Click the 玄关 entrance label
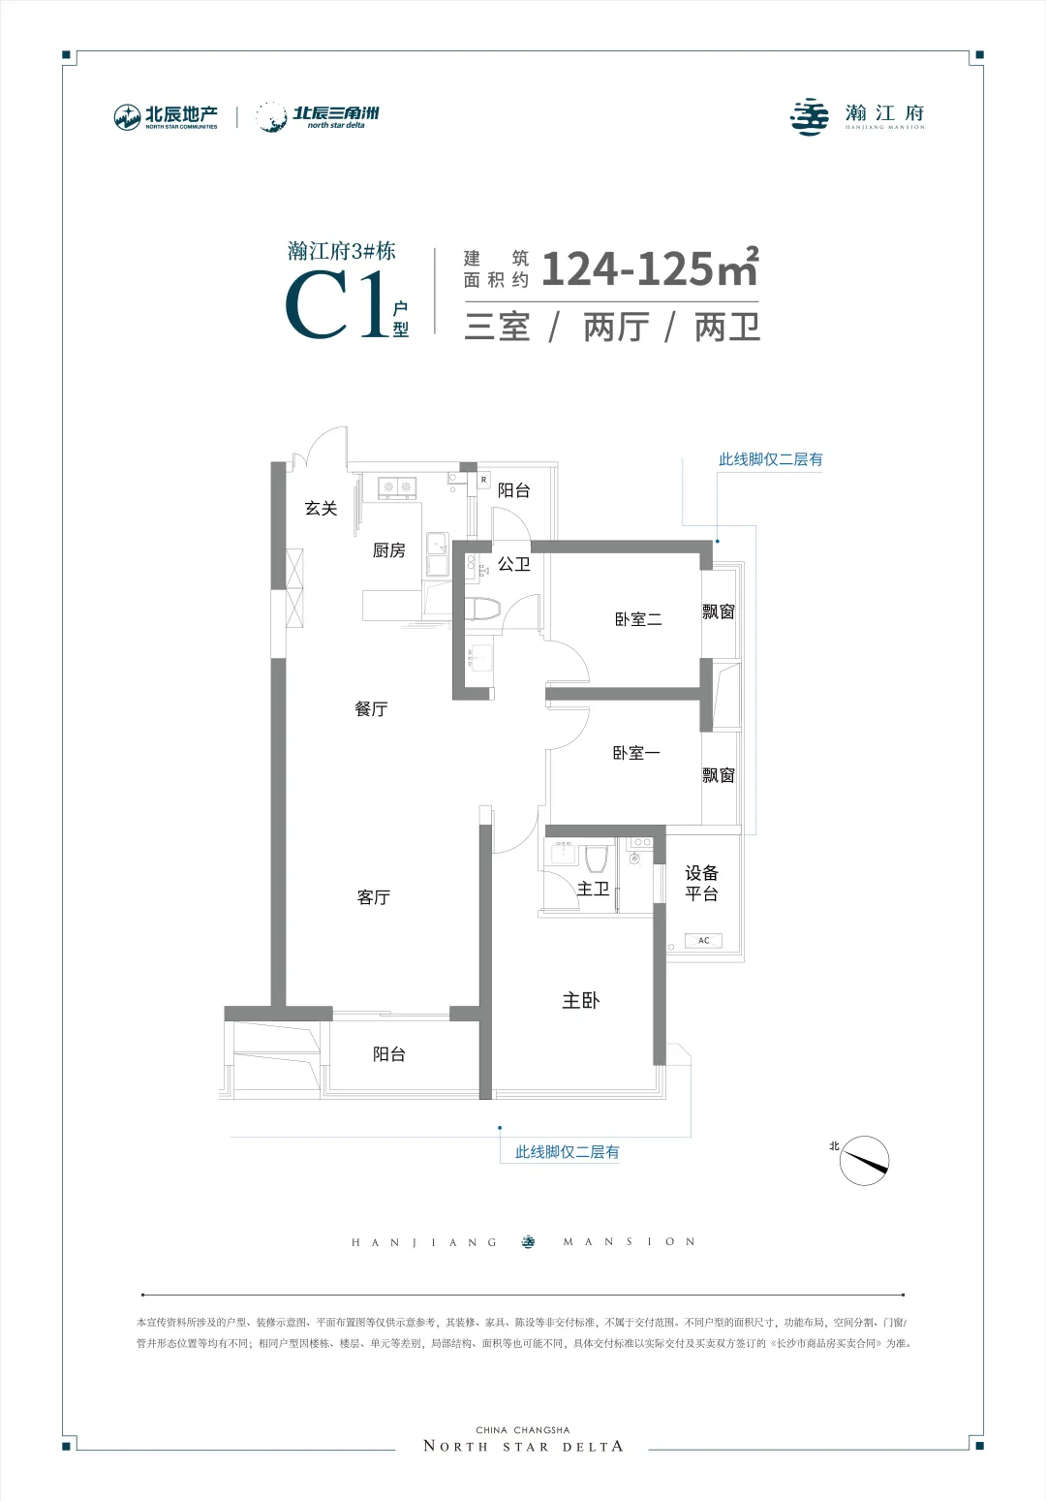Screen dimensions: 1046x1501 [x=321, y=509]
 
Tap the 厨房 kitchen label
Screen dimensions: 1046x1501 [x=389, y=550]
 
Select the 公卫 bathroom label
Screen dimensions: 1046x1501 [x=514, y=564]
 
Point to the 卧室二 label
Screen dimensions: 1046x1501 [x=638, y=619]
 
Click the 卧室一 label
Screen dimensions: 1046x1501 [x=636, y=753]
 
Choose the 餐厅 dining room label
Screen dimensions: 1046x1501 [x=372, y=709]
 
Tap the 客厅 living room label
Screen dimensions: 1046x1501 [x=374, y=897]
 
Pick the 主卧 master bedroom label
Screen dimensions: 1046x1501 [x=580, y=1000]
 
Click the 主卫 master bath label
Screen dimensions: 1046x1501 [x=594, y=889]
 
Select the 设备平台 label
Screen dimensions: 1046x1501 [x=702, y=883]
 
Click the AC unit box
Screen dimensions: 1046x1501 [x=703, y=940]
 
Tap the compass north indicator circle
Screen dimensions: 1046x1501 [x=865, y=1161]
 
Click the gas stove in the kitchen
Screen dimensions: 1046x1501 [x=397, y=487]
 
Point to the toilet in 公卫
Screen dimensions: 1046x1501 [x=483, y=610]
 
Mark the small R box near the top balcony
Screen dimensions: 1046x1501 [x=483, y=480]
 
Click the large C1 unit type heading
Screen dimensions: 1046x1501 [x=338, y=305]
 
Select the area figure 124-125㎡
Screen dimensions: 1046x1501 [x=650, y=268]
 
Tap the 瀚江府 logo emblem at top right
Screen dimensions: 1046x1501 [x=809, y=117]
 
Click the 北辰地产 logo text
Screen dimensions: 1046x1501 [x=181, y=114]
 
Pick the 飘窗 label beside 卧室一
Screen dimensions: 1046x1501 [x=719, y=775]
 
